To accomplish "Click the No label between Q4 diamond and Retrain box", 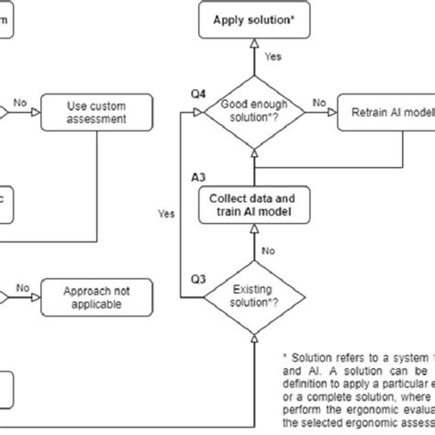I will [x=319, y=104].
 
